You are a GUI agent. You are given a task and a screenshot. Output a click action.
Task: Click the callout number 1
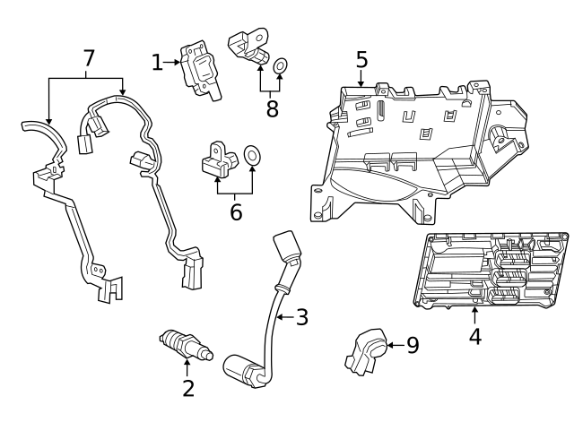[x=157, y=62]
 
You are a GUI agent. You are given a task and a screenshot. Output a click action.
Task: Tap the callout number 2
[x=188, y=388]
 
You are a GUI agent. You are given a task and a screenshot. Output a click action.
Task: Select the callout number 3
[x=301, y=316]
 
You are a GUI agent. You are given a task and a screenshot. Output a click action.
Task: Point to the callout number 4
[x=475, y=337]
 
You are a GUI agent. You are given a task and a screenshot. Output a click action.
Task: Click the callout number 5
[x=361, y=60]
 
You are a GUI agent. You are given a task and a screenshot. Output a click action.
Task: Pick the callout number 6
[x=236, y=212]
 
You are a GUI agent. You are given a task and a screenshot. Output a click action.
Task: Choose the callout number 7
[x=88, y=58]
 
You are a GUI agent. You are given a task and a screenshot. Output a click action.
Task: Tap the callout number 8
[x=272, y=108]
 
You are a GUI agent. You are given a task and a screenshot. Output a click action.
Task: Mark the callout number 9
[x=413, y=345]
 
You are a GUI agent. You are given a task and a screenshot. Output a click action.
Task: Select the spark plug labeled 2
[x=184, y=345]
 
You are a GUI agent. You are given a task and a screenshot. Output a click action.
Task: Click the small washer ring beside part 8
[x=281, y=65]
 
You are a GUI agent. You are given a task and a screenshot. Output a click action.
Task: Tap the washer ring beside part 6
[x=253, y=157]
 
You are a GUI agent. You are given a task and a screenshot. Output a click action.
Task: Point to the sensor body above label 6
[x=218, y=159]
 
